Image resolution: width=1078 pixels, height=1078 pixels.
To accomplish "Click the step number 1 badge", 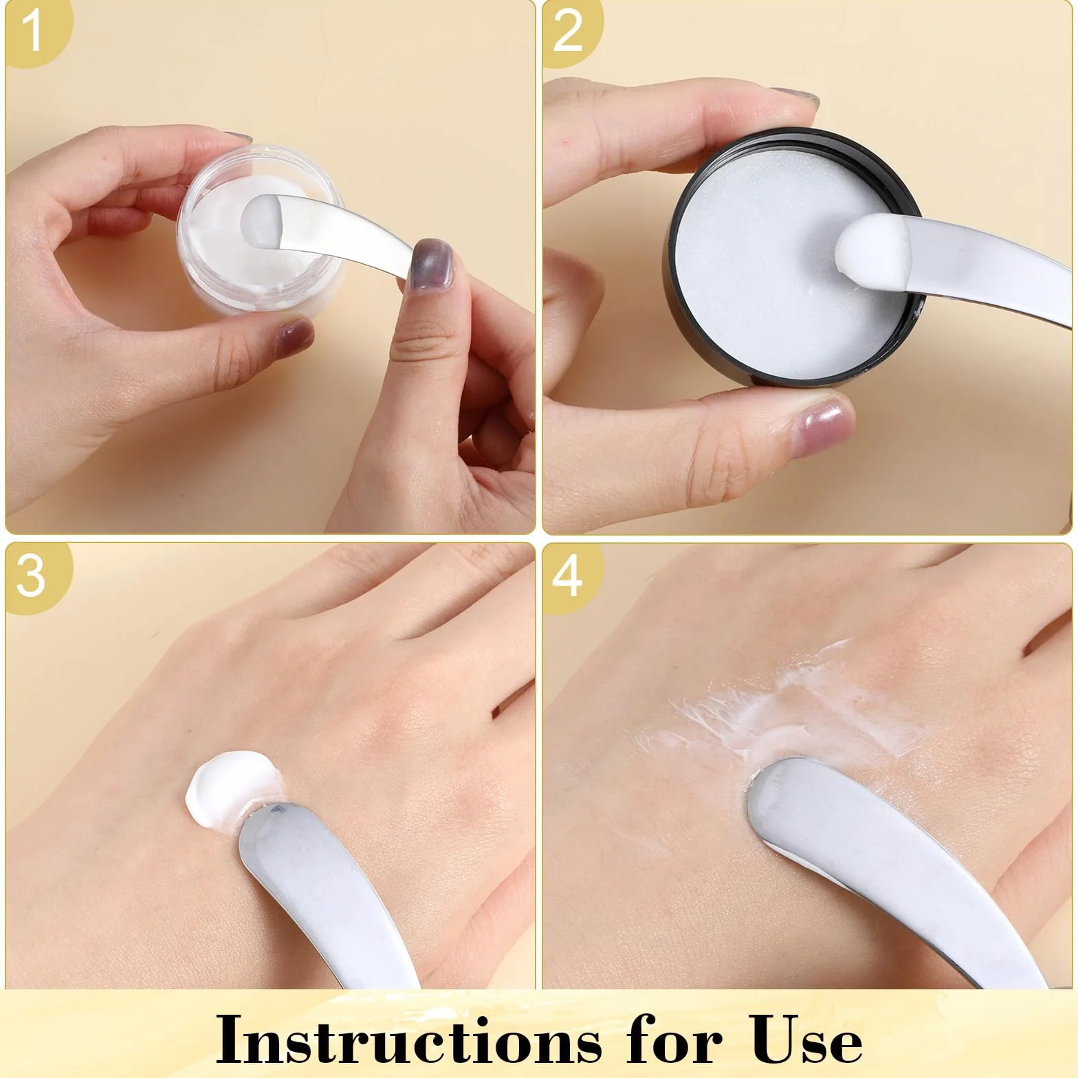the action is click(31, 31).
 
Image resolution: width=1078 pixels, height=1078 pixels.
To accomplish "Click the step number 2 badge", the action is click(569, 31).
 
